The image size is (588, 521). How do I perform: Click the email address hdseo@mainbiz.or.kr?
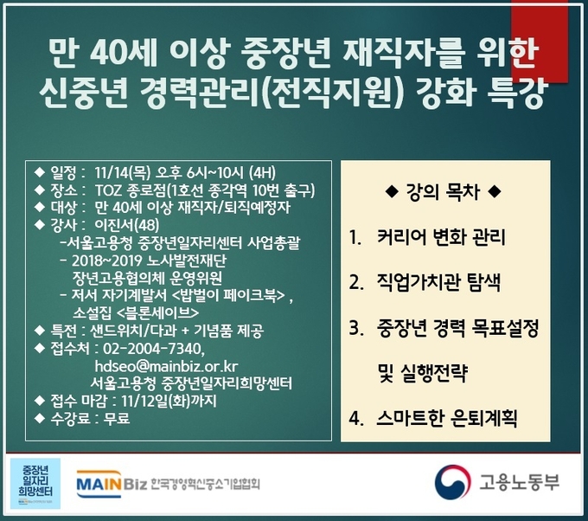pyautogui.click(x=166, y=366)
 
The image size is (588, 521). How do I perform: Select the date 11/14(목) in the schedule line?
pyautogui.click(x=123, y=173)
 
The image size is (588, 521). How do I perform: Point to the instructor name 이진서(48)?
pyautogui.click(x=127, y=225)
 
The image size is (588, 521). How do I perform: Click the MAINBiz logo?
pyautogui.click(x=112, y=484)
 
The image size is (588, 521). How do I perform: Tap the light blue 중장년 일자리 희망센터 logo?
pyautogui.click(x=35, y=484)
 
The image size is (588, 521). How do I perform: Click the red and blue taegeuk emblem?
pyautogui.click(x=452, y=483)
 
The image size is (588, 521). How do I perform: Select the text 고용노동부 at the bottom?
pyautogui.click(x=519, y=482)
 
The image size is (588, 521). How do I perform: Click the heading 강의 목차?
pyautogui.click(x=443, y=192)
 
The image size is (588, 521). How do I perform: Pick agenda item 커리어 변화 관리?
pyautogui.click(x=441, y=237)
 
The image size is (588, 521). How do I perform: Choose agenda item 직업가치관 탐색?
pyautogui.click(x=438, y=282)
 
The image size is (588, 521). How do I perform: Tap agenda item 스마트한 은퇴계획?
pyautogui.click(x=447, y=418)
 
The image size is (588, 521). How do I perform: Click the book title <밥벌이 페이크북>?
pyautogui.click(x=229, y=296)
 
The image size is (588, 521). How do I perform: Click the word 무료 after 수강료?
pyautogui.click(x=117, y=418)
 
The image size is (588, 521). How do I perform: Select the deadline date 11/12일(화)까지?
pyautogui.click(x=169, y=401)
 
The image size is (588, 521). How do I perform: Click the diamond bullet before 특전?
pyautogui.click(x=40, y=331)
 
